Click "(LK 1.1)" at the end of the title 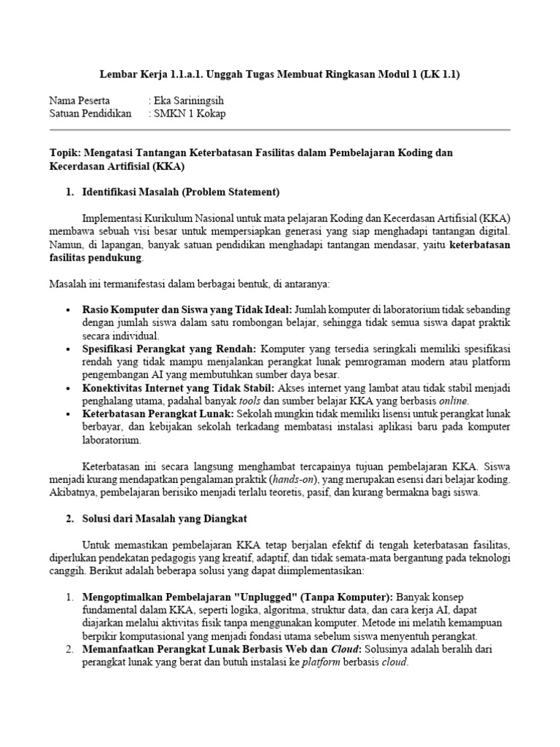point(439,75)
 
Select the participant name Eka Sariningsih point(189,101)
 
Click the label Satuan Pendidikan point(90,114)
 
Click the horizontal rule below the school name point(279,130)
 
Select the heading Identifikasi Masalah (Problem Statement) point(181,193)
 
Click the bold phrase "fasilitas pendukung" point(95,258)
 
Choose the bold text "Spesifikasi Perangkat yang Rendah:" point(170,349)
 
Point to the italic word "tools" point(249,401)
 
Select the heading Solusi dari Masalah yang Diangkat point(166,519)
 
